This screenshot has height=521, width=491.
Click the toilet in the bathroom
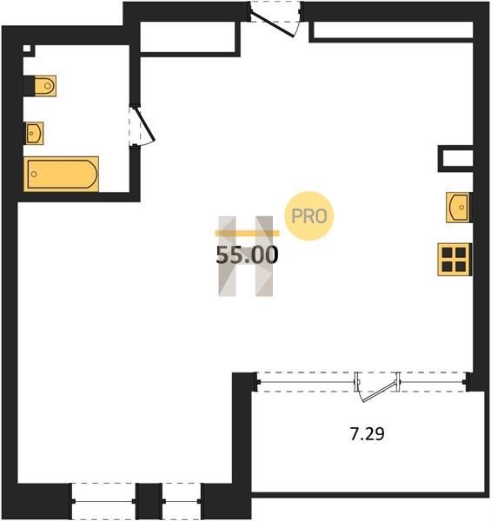click(x=45, y=86)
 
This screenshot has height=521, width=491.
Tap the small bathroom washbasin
click(x=34, y=133)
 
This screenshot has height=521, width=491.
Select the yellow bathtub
click(x=62, y=175)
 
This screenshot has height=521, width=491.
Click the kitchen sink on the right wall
click(x=459, y=208)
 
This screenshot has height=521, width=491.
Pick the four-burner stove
click(x=455, y=260)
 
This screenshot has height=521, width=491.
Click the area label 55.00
click(x=247, y=255)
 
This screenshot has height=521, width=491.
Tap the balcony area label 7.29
click(x=368, y=434)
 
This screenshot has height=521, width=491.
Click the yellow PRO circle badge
click(x=309, y=216)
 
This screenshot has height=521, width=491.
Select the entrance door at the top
click(x=275, y=19)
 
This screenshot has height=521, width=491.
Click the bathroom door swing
click(x=142, y=125)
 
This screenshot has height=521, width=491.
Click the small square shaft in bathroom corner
click(x=27, y=49)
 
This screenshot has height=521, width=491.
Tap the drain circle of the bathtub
click(x=34, y=175)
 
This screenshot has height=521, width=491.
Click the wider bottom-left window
click(x=103, y=501)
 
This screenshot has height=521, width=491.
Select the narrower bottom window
click(x=182, y=501)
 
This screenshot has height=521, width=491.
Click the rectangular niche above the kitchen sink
click(x=455, y=159)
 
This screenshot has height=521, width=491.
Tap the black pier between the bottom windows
click(x=149, y=501)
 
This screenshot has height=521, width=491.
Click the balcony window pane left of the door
click(x=306, y=382)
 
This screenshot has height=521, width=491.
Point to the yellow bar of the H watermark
click(x=248, y=234)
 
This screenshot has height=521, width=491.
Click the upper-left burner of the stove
click(x=448, y=253)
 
